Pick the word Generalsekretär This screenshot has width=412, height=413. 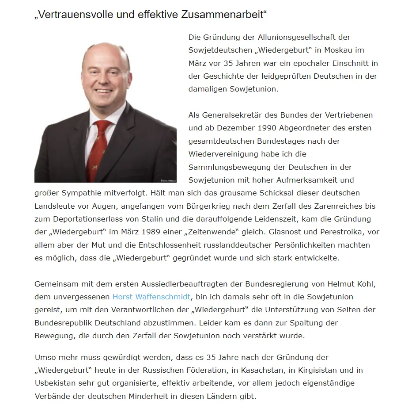pyautogui.click(x=240, y=115)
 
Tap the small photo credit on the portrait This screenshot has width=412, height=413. pyautogui.click(x=169, y=180)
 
